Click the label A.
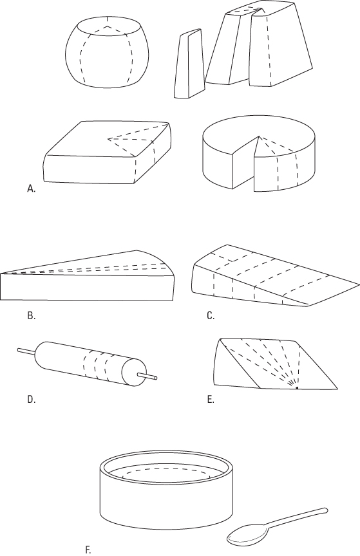(30, 189)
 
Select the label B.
(31, 316)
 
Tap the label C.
(211, 316)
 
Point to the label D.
(31, 399)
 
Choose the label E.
(211, 399)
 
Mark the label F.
(88, 549)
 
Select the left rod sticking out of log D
(26, 351)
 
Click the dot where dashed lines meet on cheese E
(296, 388)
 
